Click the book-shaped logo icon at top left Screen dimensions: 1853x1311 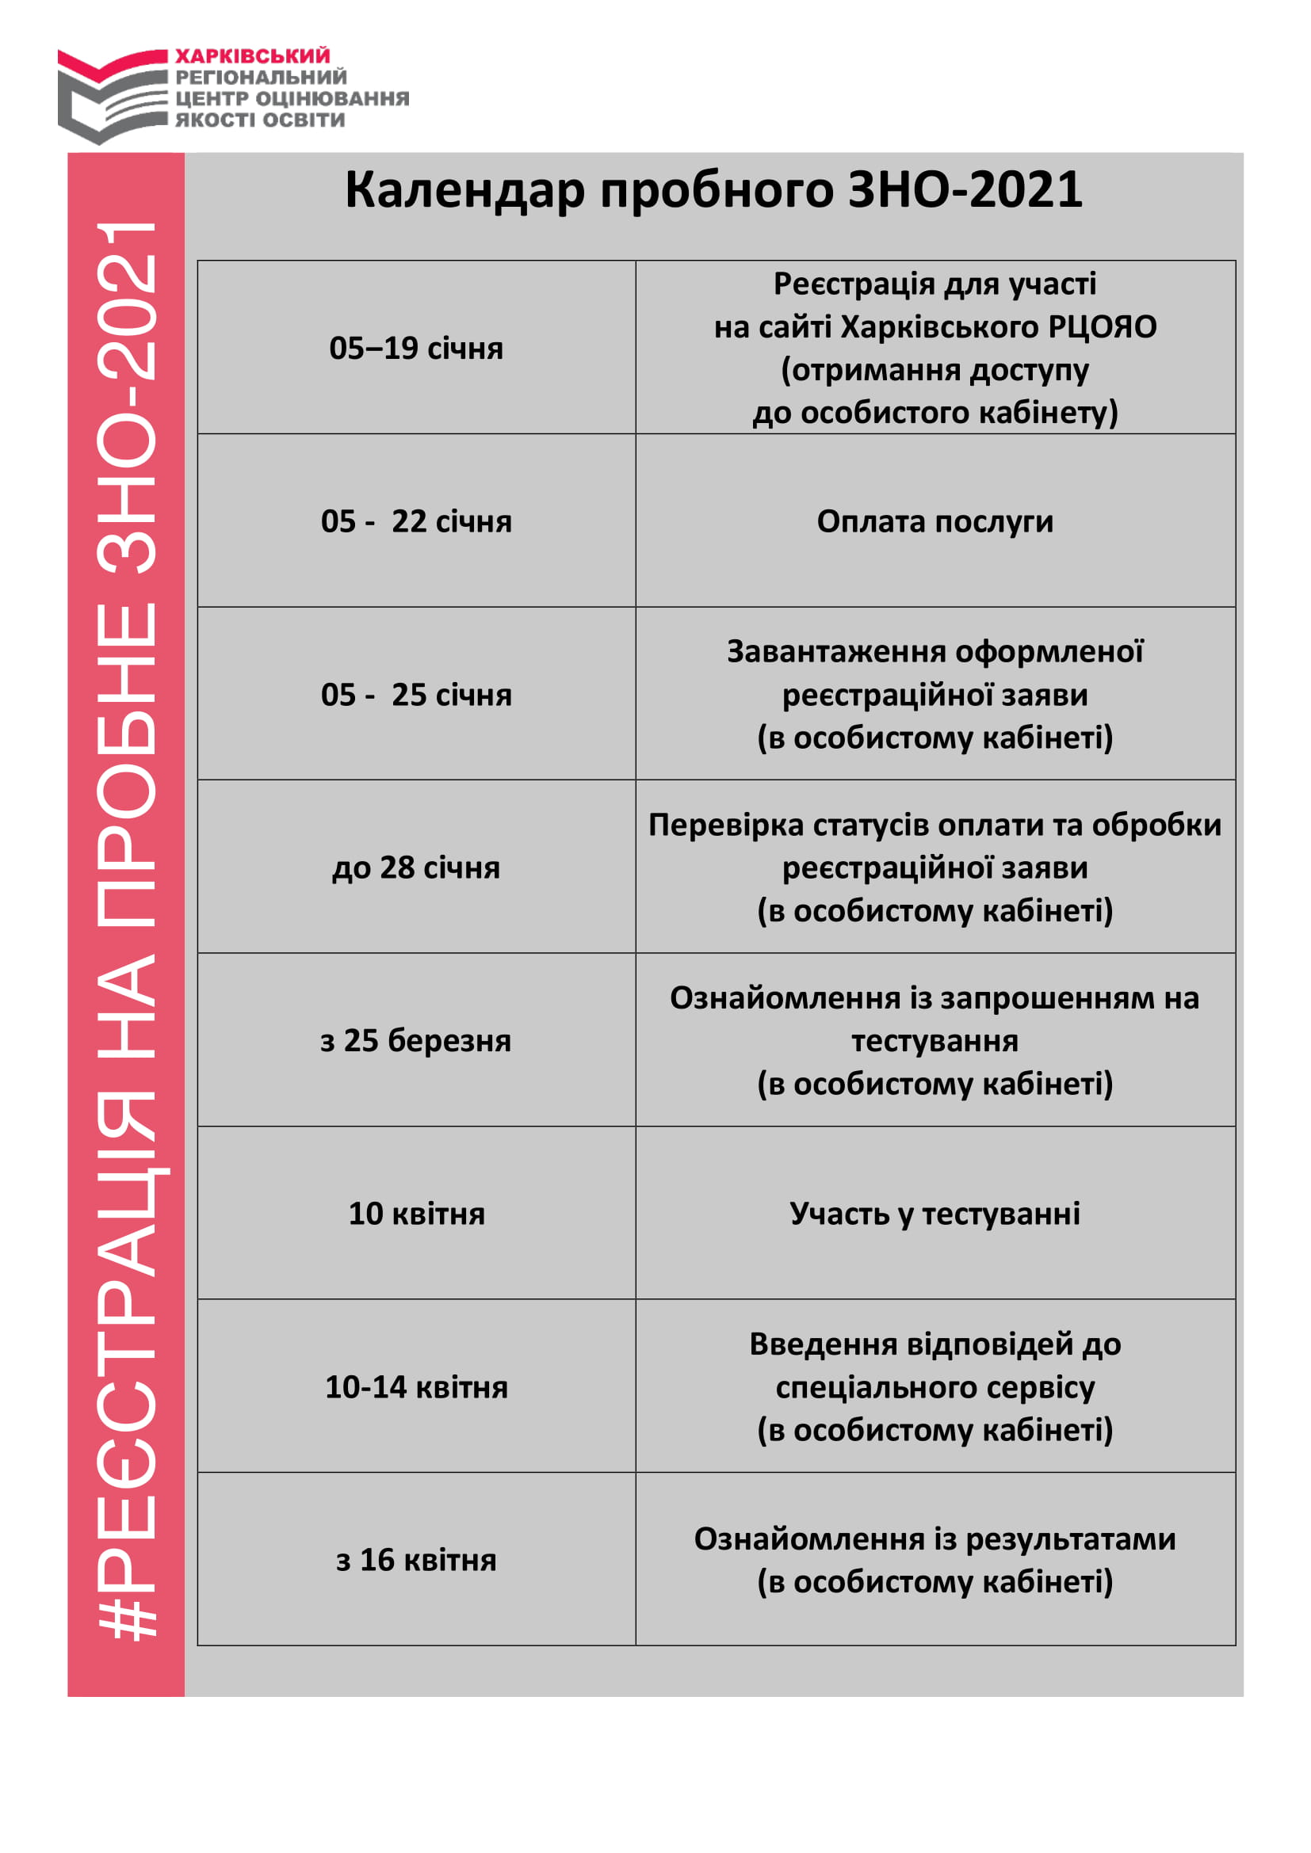[x=112, y=94]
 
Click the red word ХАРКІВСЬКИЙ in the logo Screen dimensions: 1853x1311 [x=253, y=55]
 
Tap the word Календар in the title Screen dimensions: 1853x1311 [x=464, y=190]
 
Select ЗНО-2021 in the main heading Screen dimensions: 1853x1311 [x=964, y=190]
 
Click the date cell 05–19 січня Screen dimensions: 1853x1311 [x=416, y=349]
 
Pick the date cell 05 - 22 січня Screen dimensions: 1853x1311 [x=416, y=521]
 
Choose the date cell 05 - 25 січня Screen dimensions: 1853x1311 [x=416, y=695]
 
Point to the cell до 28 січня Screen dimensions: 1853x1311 [x=416, y=867]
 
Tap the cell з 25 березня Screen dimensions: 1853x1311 [x=416, y=1040]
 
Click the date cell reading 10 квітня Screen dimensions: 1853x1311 [x=416, y=1214]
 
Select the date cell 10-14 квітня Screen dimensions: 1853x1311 [x=416, y=1387]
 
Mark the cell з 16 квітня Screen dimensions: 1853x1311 [x=416, y=1560]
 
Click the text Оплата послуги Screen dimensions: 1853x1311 [x=935, y=521]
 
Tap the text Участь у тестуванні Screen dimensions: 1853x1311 [x=935, y=1214]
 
